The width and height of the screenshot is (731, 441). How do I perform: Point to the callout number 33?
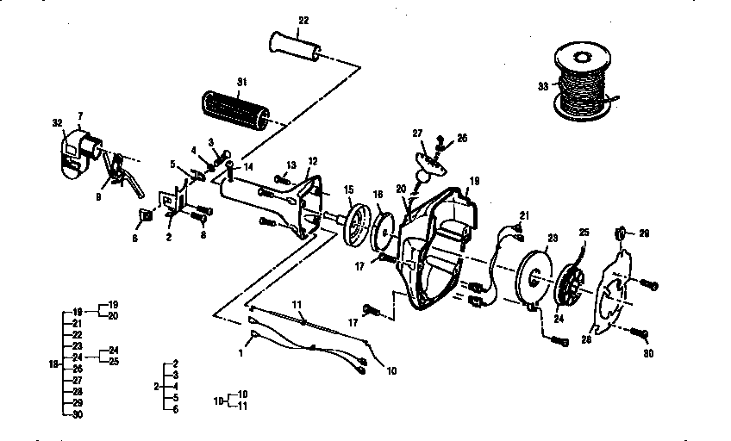point(543,87)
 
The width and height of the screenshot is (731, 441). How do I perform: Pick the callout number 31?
point(242,81)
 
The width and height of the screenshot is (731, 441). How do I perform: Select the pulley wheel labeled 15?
point(355,226)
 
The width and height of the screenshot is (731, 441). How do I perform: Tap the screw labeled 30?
point(639,332)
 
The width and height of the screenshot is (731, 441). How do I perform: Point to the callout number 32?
point(58,124)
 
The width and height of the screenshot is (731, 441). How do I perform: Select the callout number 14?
point(248,165)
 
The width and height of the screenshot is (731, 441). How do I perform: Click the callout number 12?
point(312,161)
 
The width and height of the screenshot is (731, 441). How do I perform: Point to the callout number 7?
point(80,115)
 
